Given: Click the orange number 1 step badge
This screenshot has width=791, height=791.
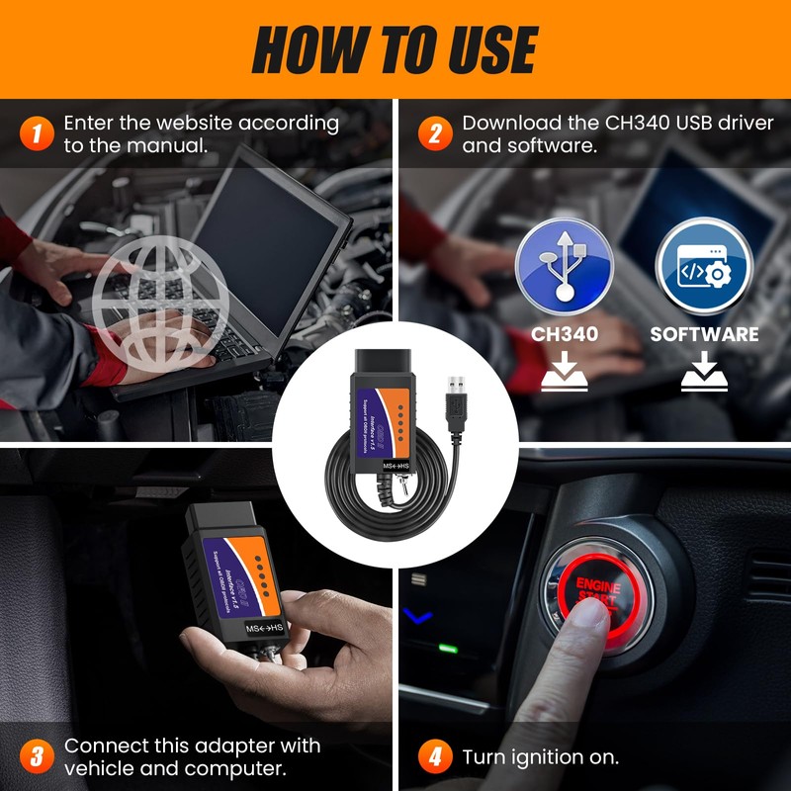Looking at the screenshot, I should coord(36,132).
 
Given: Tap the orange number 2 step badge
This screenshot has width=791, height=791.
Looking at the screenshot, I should coord(433,132).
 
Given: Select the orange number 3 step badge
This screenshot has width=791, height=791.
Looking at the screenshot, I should coord(36,757).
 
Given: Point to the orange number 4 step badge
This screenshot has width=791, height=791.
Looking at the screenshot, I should coord(433,757).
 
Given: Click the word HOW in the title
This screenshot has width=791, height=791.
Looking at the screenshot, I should coord(301,48).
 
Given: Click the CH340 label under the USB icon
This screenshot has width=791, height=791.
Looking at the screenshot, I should coord(565,334).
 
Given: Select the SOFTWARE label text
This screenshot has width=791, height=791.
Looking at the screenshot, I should coord(704,334).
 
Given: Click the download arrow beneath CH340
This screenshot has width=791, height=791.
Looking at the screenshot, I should coord(565,373).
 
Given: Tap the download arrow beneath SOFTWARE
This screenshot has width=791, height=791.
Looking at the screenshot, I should coord(704,373).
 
